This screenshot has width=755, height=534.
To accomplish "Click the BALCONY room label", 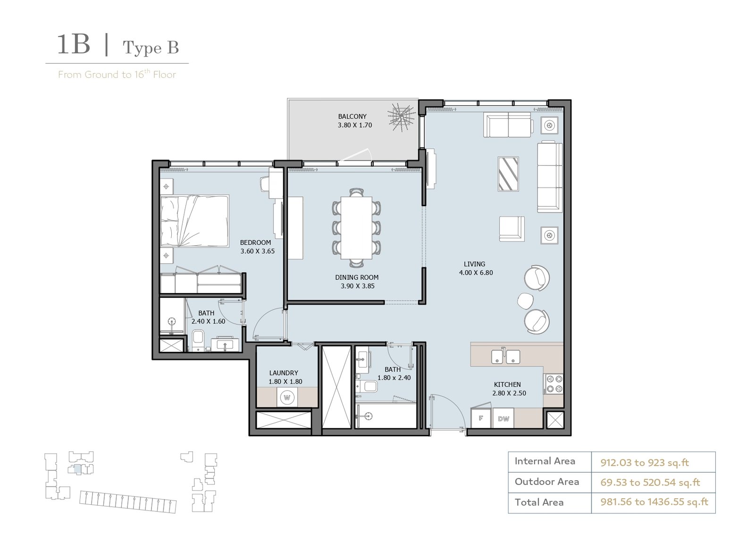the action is tap(352, 117).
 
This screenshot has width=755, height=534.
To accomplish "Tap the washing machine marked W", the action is tap(287, 397).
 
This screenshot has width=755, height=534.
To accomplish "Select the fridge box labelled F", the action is tap(481, 418).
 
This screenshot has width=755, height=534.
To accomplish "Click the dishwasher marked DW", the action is tap(503, 418).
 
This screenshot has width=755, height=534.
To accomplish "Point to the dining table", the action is tap(356, 228).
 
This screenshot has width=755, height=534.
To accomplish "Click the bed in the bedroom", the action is tap(195, 221).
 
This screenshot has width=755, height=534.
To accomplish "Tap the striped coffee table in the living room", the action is tap(508, 175).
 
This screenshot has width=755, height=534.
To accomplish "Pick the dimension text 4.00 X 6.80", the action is tap(476, 273).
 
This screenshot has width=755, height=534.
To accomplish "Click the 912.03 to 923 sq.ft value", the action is tap(645, 463).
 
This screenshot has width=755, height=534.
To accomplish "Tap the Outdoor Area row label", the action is tap(547, 482).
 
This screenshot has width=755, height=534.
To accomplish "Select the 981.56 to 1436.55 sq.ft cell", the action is tap(654, 502).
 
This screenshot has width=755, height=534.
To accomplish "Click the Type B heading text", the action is tap(151, 48).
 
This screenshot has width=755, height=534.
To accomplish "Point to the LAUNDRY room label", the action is tap(284, 373).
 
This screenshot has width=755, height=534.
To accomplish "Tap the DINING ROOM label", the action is tap(357, 277).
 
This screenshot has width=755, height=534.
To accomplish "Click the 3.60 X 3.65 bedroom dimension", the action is tap(258, 251).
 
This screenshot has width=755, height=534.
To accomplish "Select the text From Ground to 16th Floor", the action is tap(117, 74).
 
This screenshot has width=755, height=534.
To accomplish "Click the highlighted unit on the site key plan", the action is tap(77, 469).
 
